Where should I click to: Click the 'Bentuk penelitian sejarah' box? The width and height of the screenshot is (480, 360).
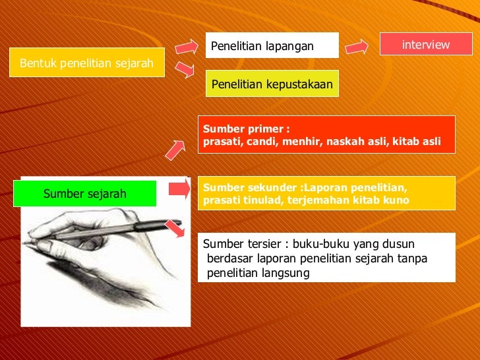click(x=86, y=63)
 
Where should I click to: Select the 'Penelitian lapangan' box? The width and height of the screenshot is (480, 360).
click(x=272, y=45)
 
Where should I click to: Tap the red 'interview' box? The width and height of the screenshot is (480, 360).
click(x=426, y=44)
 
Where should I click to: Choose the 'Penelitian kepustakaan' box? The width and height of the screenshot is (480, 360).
click(x=272, y=84)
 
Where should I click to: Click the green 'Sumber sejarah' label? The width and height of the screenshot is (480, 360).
click(x=84, y=194)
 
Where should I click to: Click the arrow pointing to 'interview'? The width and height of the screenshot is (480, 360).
click(x=357, y=46)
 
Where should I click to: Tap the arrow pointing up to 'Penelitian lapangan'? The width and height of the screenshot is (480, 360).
click(x=186, y=46)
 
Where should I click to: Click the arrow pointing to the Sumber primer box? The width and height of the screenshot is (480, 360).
click(x=175, y=150)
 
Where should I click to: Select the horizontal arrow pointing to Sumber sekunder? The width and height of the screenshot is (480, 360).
click(x=179, y=190)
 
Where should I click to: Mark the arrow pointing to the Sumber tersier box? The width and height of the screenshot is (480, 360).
click(x=174, y=228)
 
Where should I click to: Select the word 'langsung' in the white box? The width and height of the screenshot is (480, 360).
click(x=287, y=273)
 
